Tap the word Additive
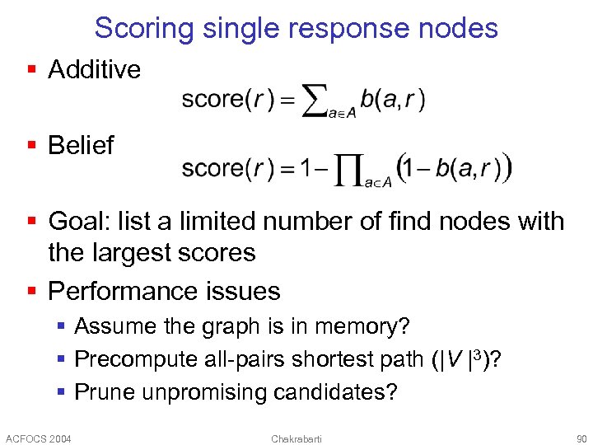(95, 70)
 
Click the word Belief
(81, 146)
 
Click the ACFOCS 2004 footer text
(39, 438)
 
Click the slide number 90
(581, 438)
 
